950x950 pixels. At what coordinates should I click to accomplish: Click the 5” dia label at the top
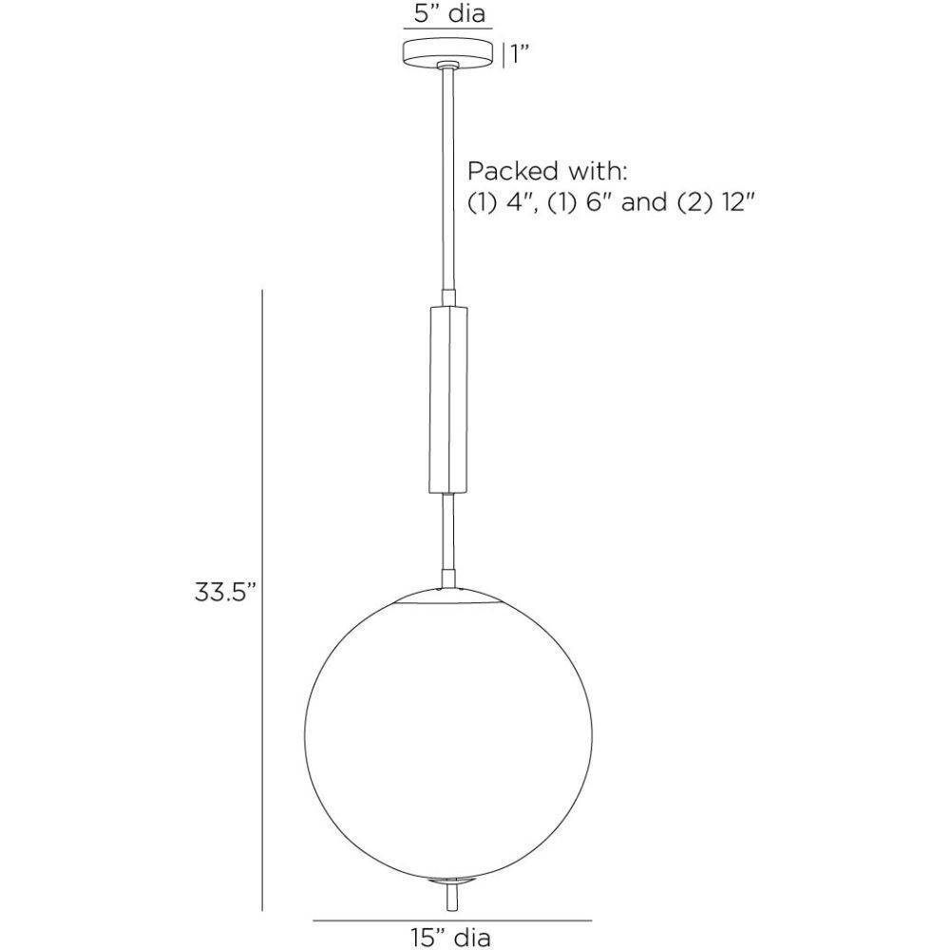448,14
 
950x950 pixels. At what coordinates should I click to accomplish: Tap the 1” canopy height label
518,54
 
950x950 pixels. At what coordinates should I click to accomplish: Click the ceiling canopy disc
449,53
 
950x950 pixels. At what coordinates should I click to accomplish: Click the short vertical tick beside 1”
503,54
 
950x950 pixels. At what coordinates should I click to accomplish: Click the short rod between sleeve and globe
448,537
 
